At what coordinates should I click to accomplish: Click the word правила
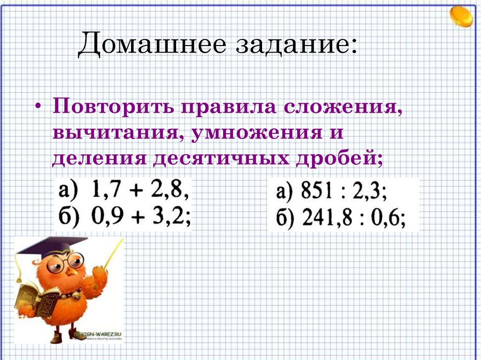click(x=225, y=108)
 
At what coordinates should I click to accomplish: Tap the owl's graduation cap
click(x=52, y=247)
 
